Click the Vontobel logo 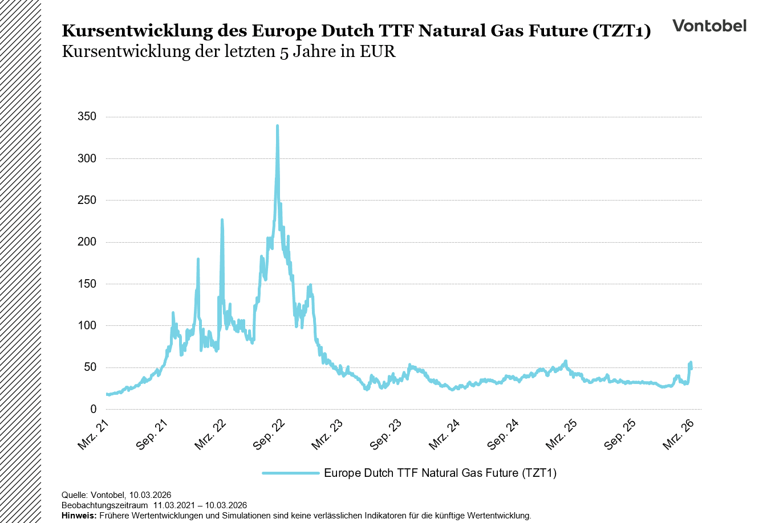click(709, 26)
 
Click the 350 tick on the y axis click(87, 117)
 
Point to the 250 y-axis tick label click(87, 200)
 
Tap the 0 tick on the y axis click(94, 409)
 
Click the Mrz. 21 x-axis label click(94, 434)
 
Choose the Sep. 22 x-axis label click(269, 434)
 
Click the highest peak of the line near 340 click(277, 126)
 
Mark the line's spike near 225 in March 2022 click(222, 220)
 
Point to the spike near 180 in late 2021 click(198, 259)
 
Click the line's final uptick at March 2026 click(691, 363)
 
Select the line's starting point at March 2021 click(107, 394)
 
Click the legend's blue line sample click(290, 473)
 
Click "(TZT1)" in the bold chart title click(621, 31)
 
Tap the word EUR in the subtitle click(378, 52)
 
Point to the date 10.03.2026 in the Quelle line click(150, 495)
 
